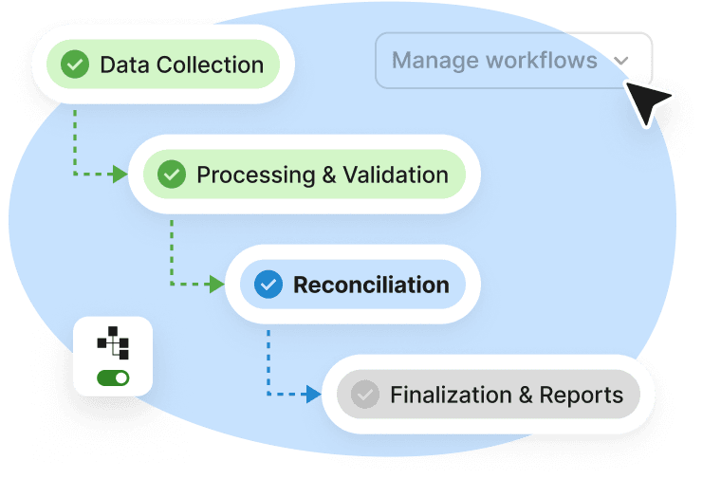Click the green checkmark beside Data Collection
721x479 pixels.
pyautogui.click(x=75, y=64)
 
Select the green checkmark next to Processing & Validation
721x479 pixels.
pyautogui.click(x=172, y=175)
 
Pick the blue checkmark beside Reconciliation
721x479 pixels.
pyautogui.click(x=268, y=285)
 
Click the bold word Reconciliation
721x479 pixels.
pyautogui.click(x=371, y=285)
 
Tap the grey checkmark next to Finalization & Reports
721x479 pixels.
pyautogui.click(x=365, y=395)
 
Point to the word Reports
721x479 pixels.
pyautogui.click(x=582, y=395)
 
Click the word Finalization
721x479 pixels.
pyautogui.click(x=446, y=395)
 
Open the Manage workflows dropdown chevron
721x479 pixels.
pyautogui.click(x=621, y=62)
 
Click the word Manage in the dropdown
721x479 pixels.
pyautogui.click(x=434, y=61)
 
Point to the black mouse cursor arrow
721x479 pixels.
pyautogui.click(x=646, y=100)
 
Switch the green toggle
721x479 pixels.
pyautogui.click(x=113, y=378)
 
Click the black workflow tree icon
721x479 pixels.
pyautogui.click(x=113, y=342)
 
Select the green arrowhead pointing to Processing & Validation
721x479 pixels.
pyautogui.click(x=120, y=175)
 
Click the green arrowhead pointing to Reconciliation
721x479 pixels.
pyautogui.click(x=216, y=285)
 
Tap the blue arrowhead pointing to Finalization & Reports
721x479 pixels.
pyautogui.click(x=314, y=395)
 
